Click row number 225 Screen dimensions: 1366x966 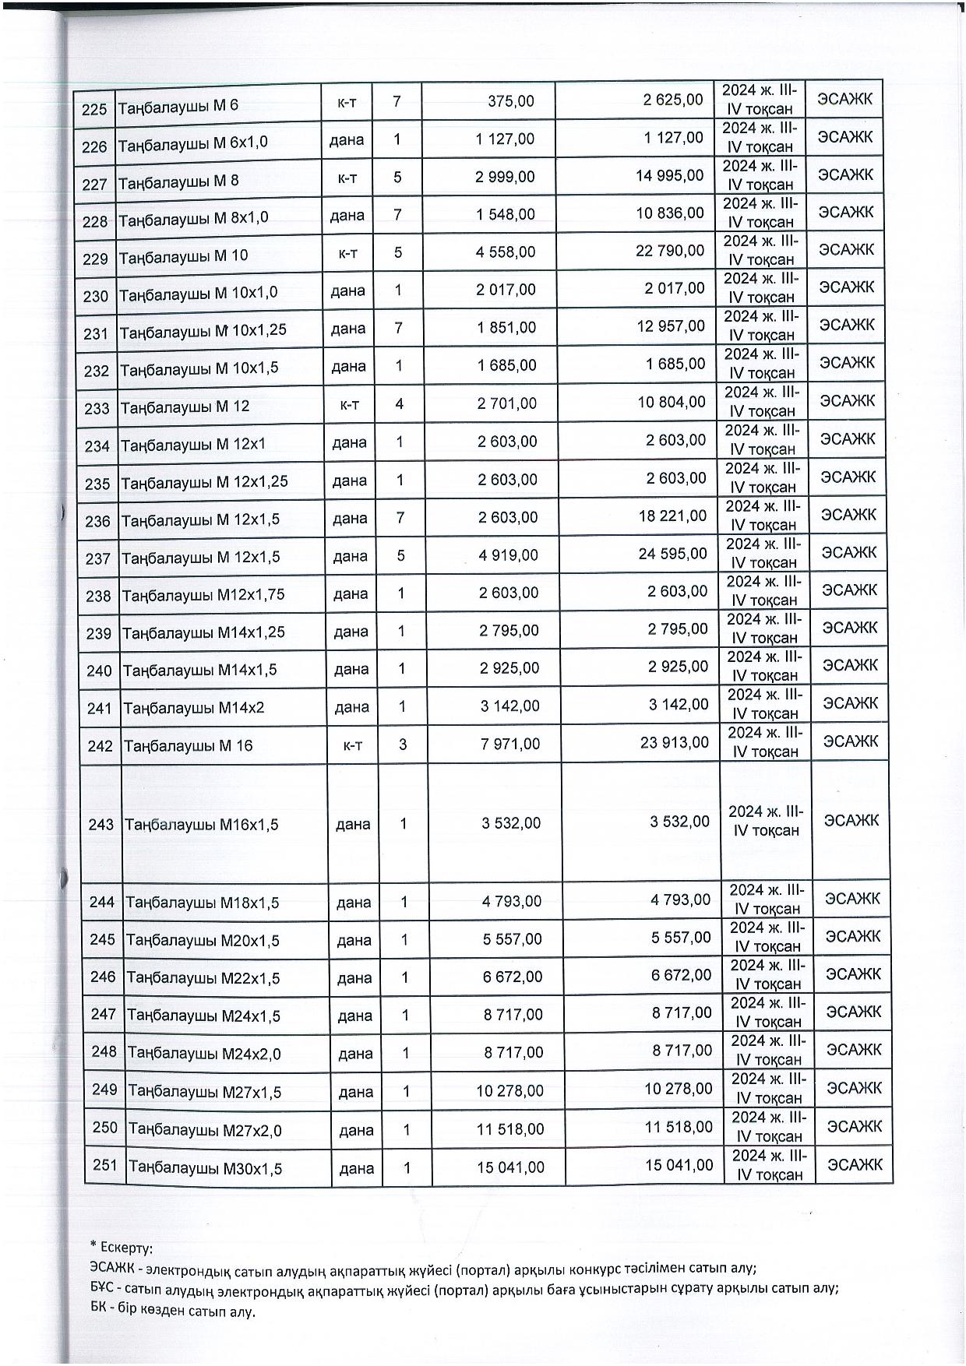pos(93,108)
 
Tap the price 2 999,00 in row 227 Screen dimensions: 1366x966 pos(505,177)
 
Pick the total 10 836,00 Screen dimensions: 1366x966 pos(670,213)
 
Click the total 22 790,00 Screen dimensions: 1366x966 pos(670,250)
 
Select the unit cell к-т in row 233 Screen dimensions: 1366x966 pos(348,403)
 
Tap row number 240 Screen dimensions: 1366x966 pos(99,671)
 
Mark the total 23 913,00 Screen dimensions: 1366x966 pos(675,743)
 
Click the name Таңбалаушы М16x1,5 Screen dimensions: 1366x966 pos(201,825)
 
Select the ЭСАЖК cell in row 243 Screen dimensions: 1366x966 pos(851,821)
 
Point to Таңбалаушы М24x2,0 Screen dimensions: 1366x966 pos(204,1054)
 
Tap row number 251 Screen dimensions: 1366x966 pos(104,1166)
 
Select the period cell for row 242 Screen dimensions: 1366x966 pos(765,742)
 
